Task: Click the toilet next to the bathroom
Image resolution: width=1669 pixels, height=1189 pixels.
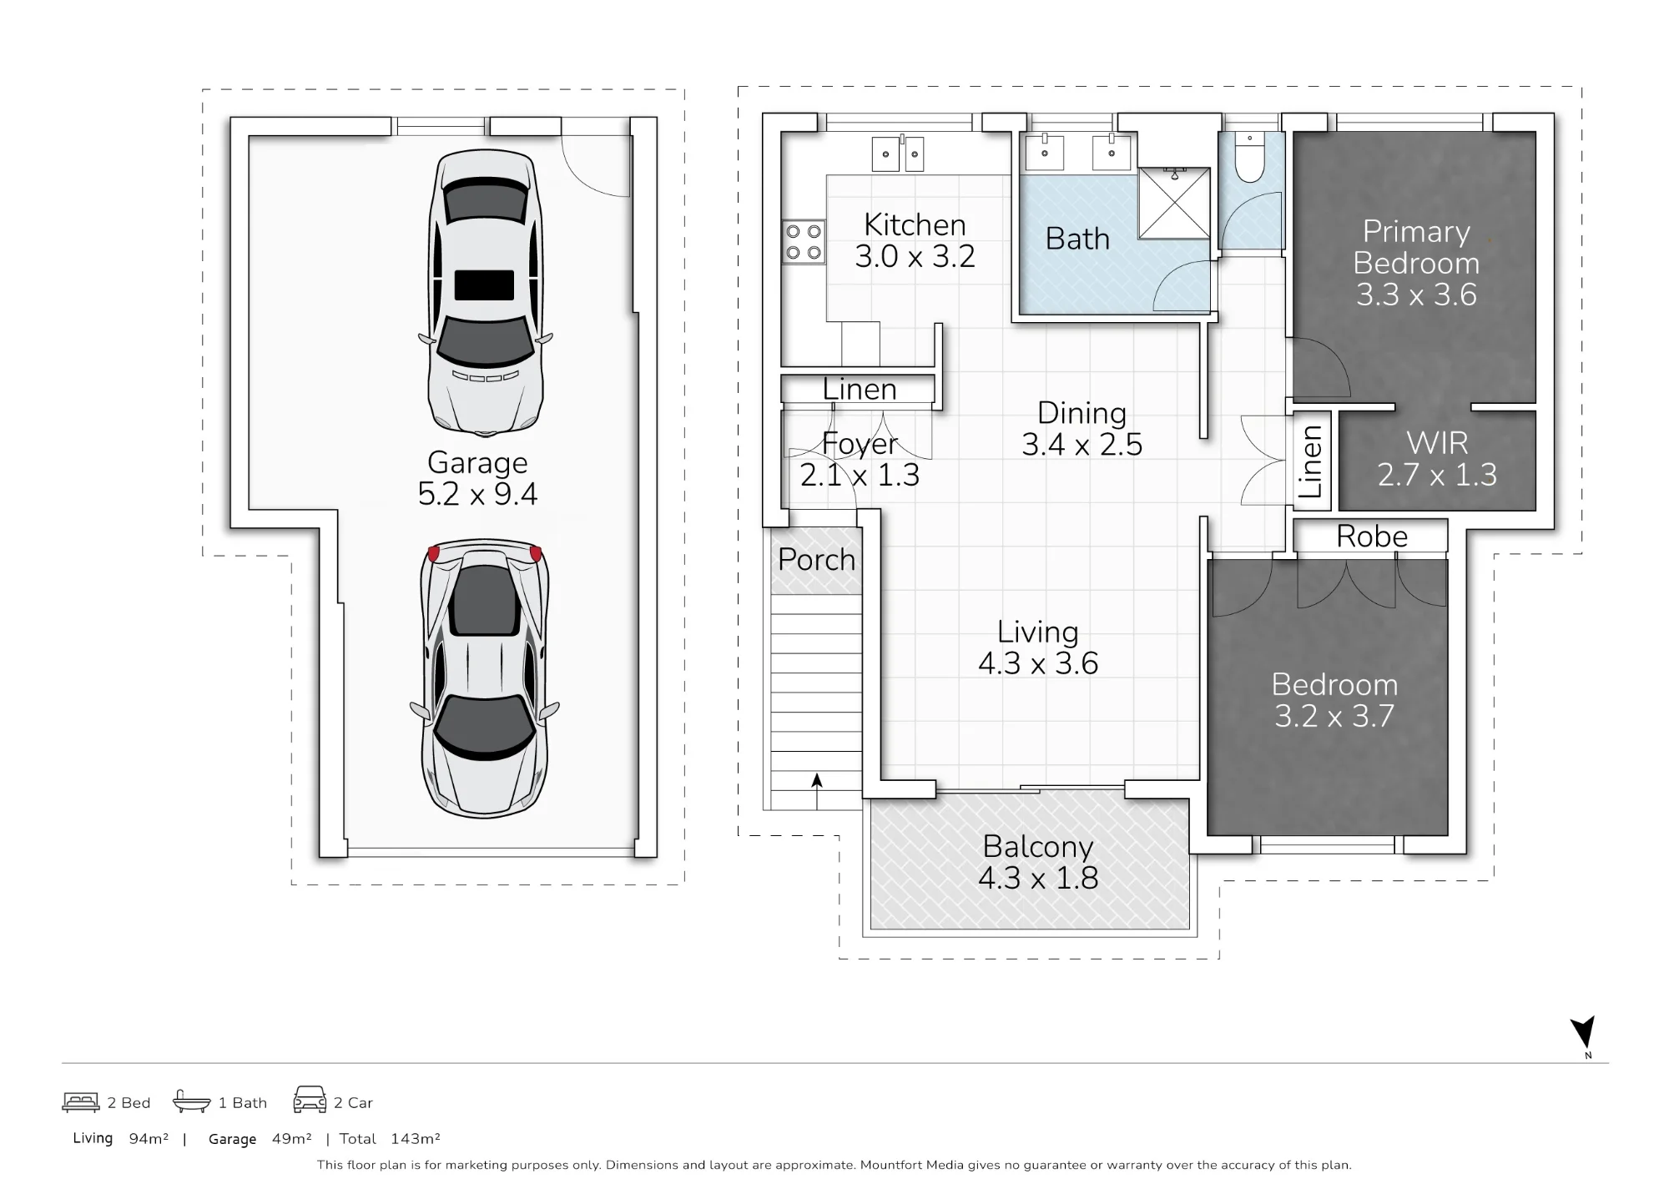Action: (1249, 158)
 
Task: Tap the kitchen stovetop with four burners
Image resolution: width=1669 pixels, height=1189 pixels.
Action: (804, 242)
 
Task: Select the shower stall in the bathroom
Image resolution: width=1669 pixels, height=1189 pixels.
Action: (1174, 203)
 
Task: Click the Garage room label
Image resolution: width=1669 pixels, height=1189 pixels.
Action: (477, 462)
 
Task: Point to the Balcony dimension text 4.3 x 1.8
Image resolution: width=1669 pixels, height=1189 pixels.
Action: (1038, 878)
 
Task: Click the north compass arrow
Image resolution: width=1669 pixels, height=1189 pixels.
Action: (1583, 1032)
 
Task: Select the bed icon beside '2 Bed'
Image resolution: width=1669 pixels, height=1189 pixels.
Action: (81, 1102)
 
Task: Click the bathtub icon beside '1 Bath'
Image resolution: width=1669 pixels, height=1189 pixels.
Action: (192, 1101)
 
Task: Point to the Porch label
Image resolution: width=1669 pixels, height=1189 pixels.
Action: (817, 559)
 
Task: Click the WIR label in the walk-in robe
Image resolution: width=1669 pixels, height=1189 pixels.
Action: (1437, 443)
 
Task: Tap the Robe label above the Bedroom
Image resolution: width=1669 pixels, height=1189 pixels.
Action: (1372, 537)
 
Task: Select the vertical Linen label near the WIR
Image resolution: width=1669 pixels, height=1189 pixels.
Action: (1311, 461)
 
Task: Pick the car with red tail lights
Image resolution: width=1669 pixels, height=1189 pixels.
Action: (485, 678)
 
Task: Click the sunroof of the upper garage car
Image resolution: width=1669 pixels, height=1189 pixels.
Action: (484, 285)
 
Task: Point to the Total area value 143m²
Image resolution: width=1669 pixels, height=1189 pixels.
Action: (415, 1139)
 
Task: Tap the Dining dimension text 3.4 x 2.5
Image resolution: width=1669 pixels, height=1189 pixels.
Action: (1082, 444)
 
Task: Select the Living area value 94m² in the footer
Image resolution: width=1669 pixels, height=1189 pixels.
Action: (149, 1139)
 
